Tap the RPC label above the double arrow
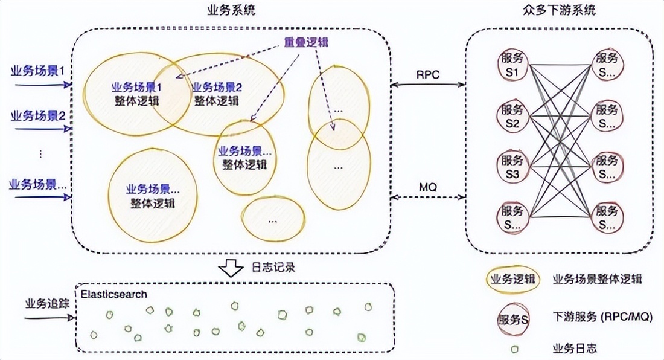[x=428, y=74]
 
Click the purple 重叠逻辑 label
[x=307, y=43]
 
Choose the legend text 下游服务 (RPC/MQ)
[x=602, y=316]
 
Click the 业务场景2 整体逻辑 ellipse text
[x=217, y=94]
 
